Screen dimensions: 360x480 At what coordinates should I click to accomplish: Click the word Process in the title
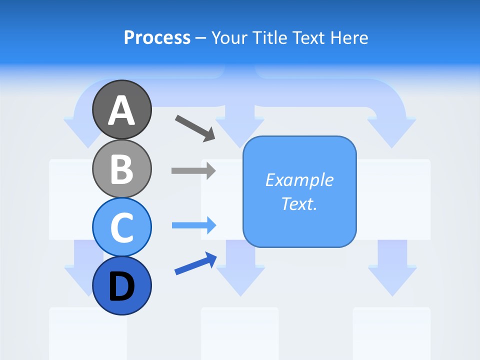point(157,38)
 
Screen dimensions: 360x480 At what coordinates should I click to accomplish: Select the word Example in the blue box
point(299,180)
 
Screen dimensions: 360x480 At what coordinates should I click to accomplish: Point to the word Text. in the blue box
point(299,203)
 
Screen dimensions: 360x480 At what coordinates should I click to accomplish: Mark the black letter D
point(121,287)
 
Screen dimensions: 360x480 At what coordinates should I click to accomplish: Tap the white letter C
point(121,227)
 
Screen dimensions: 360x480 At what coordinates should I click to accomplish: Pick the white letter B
point(121,169)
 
